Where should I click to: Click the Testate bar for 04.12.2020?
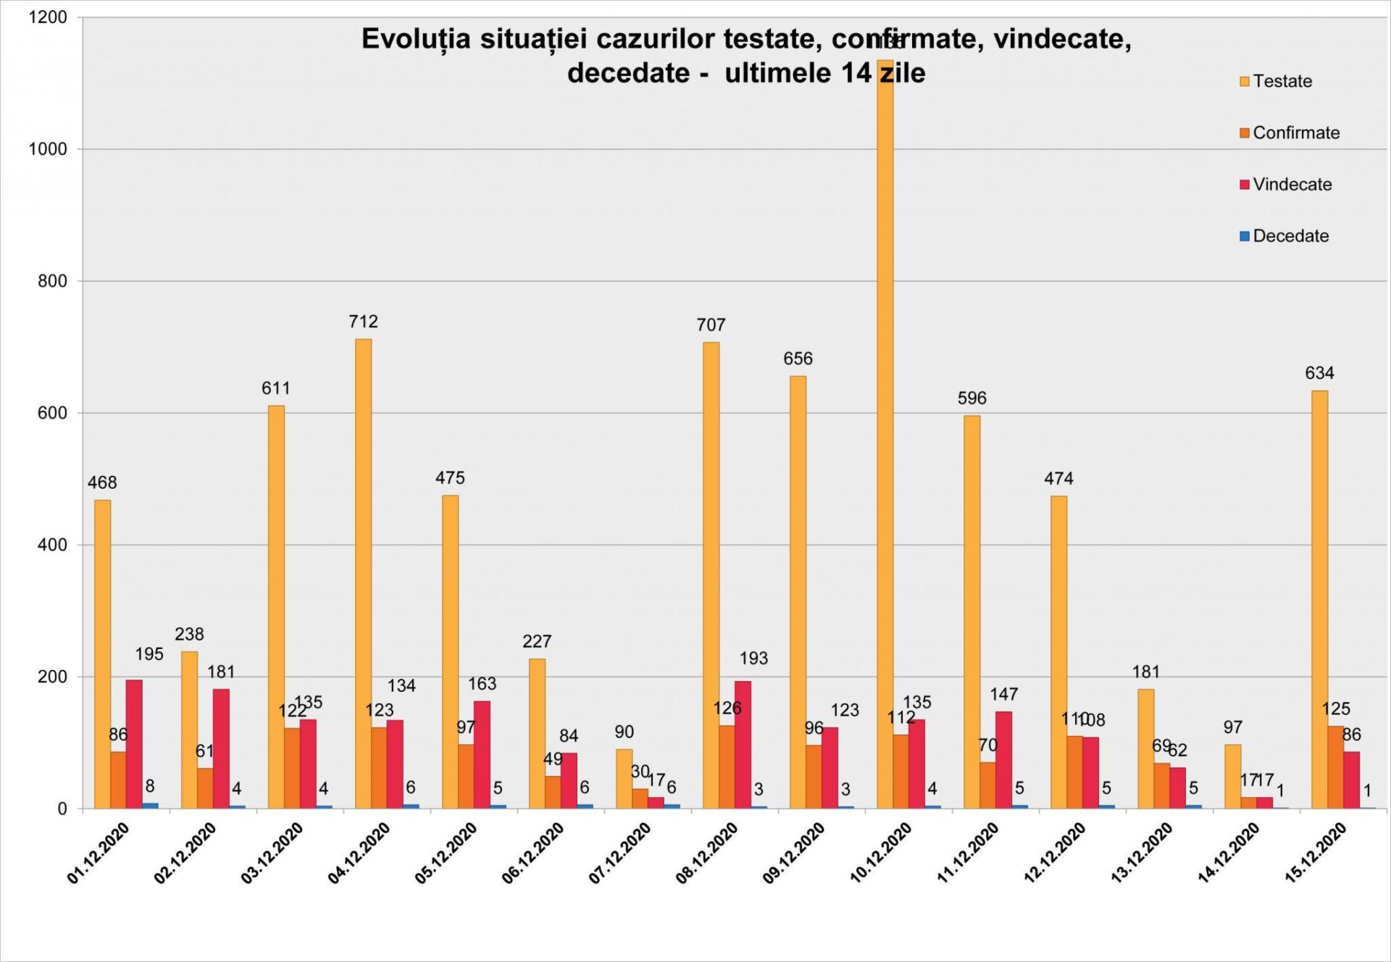(363, 573)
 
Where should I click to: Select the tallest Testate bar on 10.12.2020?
(885, 435)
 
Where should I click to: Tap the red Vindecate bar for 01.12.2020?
(134, 744)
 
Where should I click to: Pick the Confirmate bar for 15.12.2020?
(1335, 767)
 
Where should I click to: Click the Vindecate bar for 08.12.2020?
(743, 745)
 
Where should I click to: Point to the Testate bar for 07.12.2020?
(624, 779)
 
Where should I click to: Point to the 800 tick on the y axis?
(52, 281)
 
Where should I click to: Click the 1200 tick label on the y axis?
(48, 17)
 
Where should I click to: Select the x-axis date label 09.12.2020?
(794, 853)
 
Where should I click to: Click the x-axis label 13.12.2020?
(1142, 853)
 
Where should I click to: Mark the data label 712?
(363, 322)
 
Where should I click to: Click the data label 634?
(1319, 373)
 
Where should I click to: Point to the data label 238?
(189, 635)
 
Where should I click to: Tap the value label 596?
(972, 398)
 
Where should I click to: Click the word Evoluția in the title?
(416, 39)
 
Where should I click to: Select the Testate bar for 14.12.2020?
(1232, 777)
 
